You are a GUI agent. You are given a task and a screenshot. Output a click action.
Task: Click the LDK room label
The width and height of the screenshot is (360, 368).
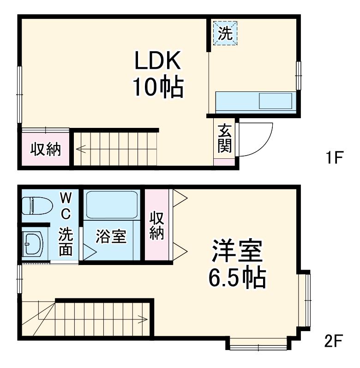[157, 60]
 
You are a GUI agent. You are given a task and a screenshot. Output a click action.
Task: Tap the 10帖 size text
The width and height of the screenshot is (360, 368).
[158, 86]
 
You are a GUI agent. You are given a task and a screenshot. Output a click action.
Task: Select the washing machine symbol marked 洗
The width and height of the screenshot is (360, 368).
[225, 33]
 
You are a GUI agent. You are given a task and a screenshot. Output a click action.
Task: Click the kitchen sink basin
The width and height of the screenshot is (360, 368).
[276, 101]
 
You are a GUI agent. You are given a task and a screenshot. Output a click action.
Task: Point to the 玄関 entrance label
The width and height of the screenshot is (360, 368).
[224, 139]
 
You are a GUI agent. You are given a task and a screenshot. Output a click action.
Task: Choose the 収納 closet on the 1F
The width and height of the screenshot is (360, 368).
[46, 149]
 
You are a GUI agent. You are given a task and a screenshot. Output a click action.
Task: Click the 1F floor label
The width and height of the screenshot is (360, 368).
[334, 157]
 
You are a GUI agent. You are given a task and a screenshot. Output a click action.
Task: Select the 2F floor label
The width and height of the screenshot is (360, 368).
[334, 341]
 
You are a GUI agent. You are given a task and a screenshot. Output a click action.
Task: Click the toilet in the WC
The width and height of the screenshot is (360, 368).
[37, 205]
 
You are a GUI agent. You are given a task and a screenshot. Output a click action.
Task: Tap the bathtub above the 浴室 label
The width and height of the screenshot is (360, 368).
[112, 205]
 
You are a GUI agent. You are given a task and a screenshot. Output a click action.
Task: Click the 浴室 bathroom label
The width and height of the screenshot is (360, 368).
[111, 236]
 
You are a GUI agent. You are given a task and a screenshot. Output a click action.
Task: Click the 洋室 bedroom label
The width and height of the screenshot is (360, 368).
[237, 250]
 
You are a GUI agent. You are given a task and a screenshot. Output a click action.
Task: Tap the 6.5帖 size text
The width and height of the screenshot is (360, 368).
[237, 278]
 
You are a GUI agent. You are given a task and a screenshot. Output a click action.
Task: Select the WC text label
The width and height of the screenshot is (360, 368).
[66, 206]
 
